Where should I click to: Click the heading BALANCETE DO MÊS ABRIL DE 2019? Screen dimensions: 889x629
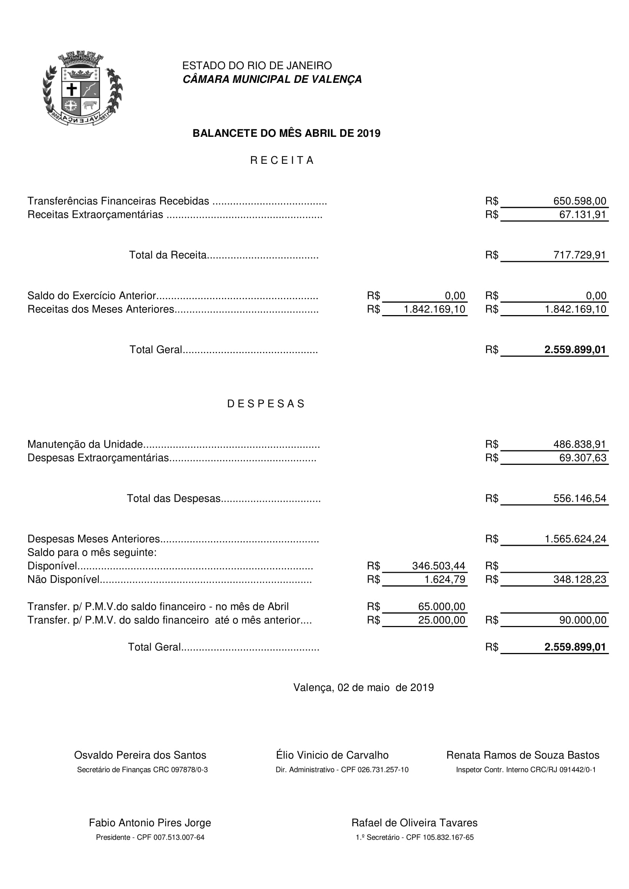click(x=286, y=133)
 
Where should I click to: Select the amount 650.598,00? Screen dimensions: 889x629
click(x=580, y=201)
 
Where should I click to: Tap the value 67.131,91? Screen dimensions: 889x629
click(x=583, y=214)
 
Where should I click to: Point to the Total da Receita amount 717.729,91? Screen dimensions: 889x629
click(x=580, y=255)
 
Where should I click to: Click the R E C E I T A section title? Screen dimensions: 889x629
click(x=281, y=160)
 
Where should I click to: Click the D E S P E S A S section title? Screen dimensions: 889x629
click(x=266, y=404)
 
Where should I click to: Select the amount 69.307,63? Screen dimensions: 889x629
click(x=583, y=458)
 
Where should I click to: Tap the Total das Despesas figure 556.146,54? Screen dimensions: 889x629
click(x=580, y=498)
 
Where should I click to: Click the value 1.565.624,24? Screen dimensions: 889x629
click(x=575, y=539)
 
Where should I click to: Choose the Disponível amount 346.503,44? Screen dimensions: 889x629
click(x=438, y=566)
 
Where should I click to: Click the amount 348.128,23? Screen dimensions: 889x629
click(x=580, y=580)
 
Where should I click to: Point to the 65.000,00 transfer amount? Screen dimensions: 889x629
click(x=442, y=607)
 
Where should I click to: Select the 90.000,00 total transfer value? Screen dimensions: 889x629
click(x=583, y=620)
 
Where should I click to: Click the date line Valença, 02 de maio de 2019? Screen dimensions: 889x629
click(x=363, y=688)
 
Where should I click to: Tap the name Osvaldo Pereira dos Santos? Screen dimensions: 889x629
click(x=140, y=756)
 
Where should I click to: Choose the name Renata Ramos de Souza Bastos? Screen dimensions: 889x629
click(x=523, y=756)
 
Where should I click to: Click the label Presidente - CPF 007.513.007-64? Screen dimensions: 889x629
click(x=150, y=838)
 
